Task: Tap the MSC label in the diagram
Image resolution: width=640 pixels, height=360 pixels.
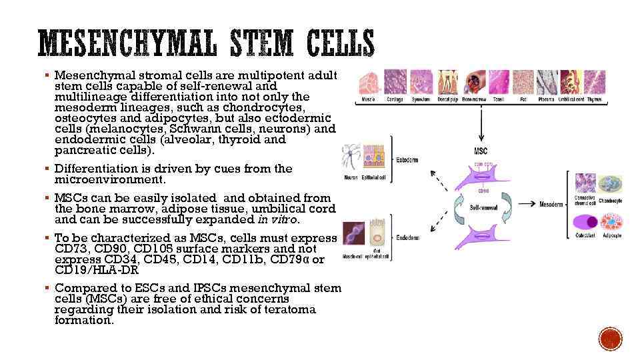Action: click(481, 151)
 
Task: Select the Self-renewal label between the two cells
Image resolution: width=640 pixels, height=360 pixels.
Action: click(481, 208)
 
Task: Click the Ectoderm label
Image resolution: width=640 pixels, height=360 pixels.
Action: click(408, 160)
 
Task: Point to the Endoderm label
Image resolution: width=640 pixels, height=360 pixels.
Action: click(408, 238)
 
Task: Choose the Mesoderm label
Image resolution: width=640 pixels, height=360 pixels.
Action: click(551, 204)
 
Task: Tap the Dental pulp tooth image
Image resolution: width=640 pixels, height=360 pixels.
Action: click(448, 83)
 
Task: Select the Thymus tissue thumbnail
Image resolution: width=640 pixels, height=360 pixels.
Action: click(595, 83)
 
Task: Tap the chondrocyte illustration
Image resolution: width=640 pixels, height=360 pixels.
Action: click(610, 183)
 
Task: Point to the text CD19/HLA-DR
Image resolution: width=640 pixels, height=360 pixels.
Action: click(96, 270)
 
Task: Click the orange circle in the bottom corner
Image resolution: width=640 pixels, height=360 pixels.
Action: click(610, 339)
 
